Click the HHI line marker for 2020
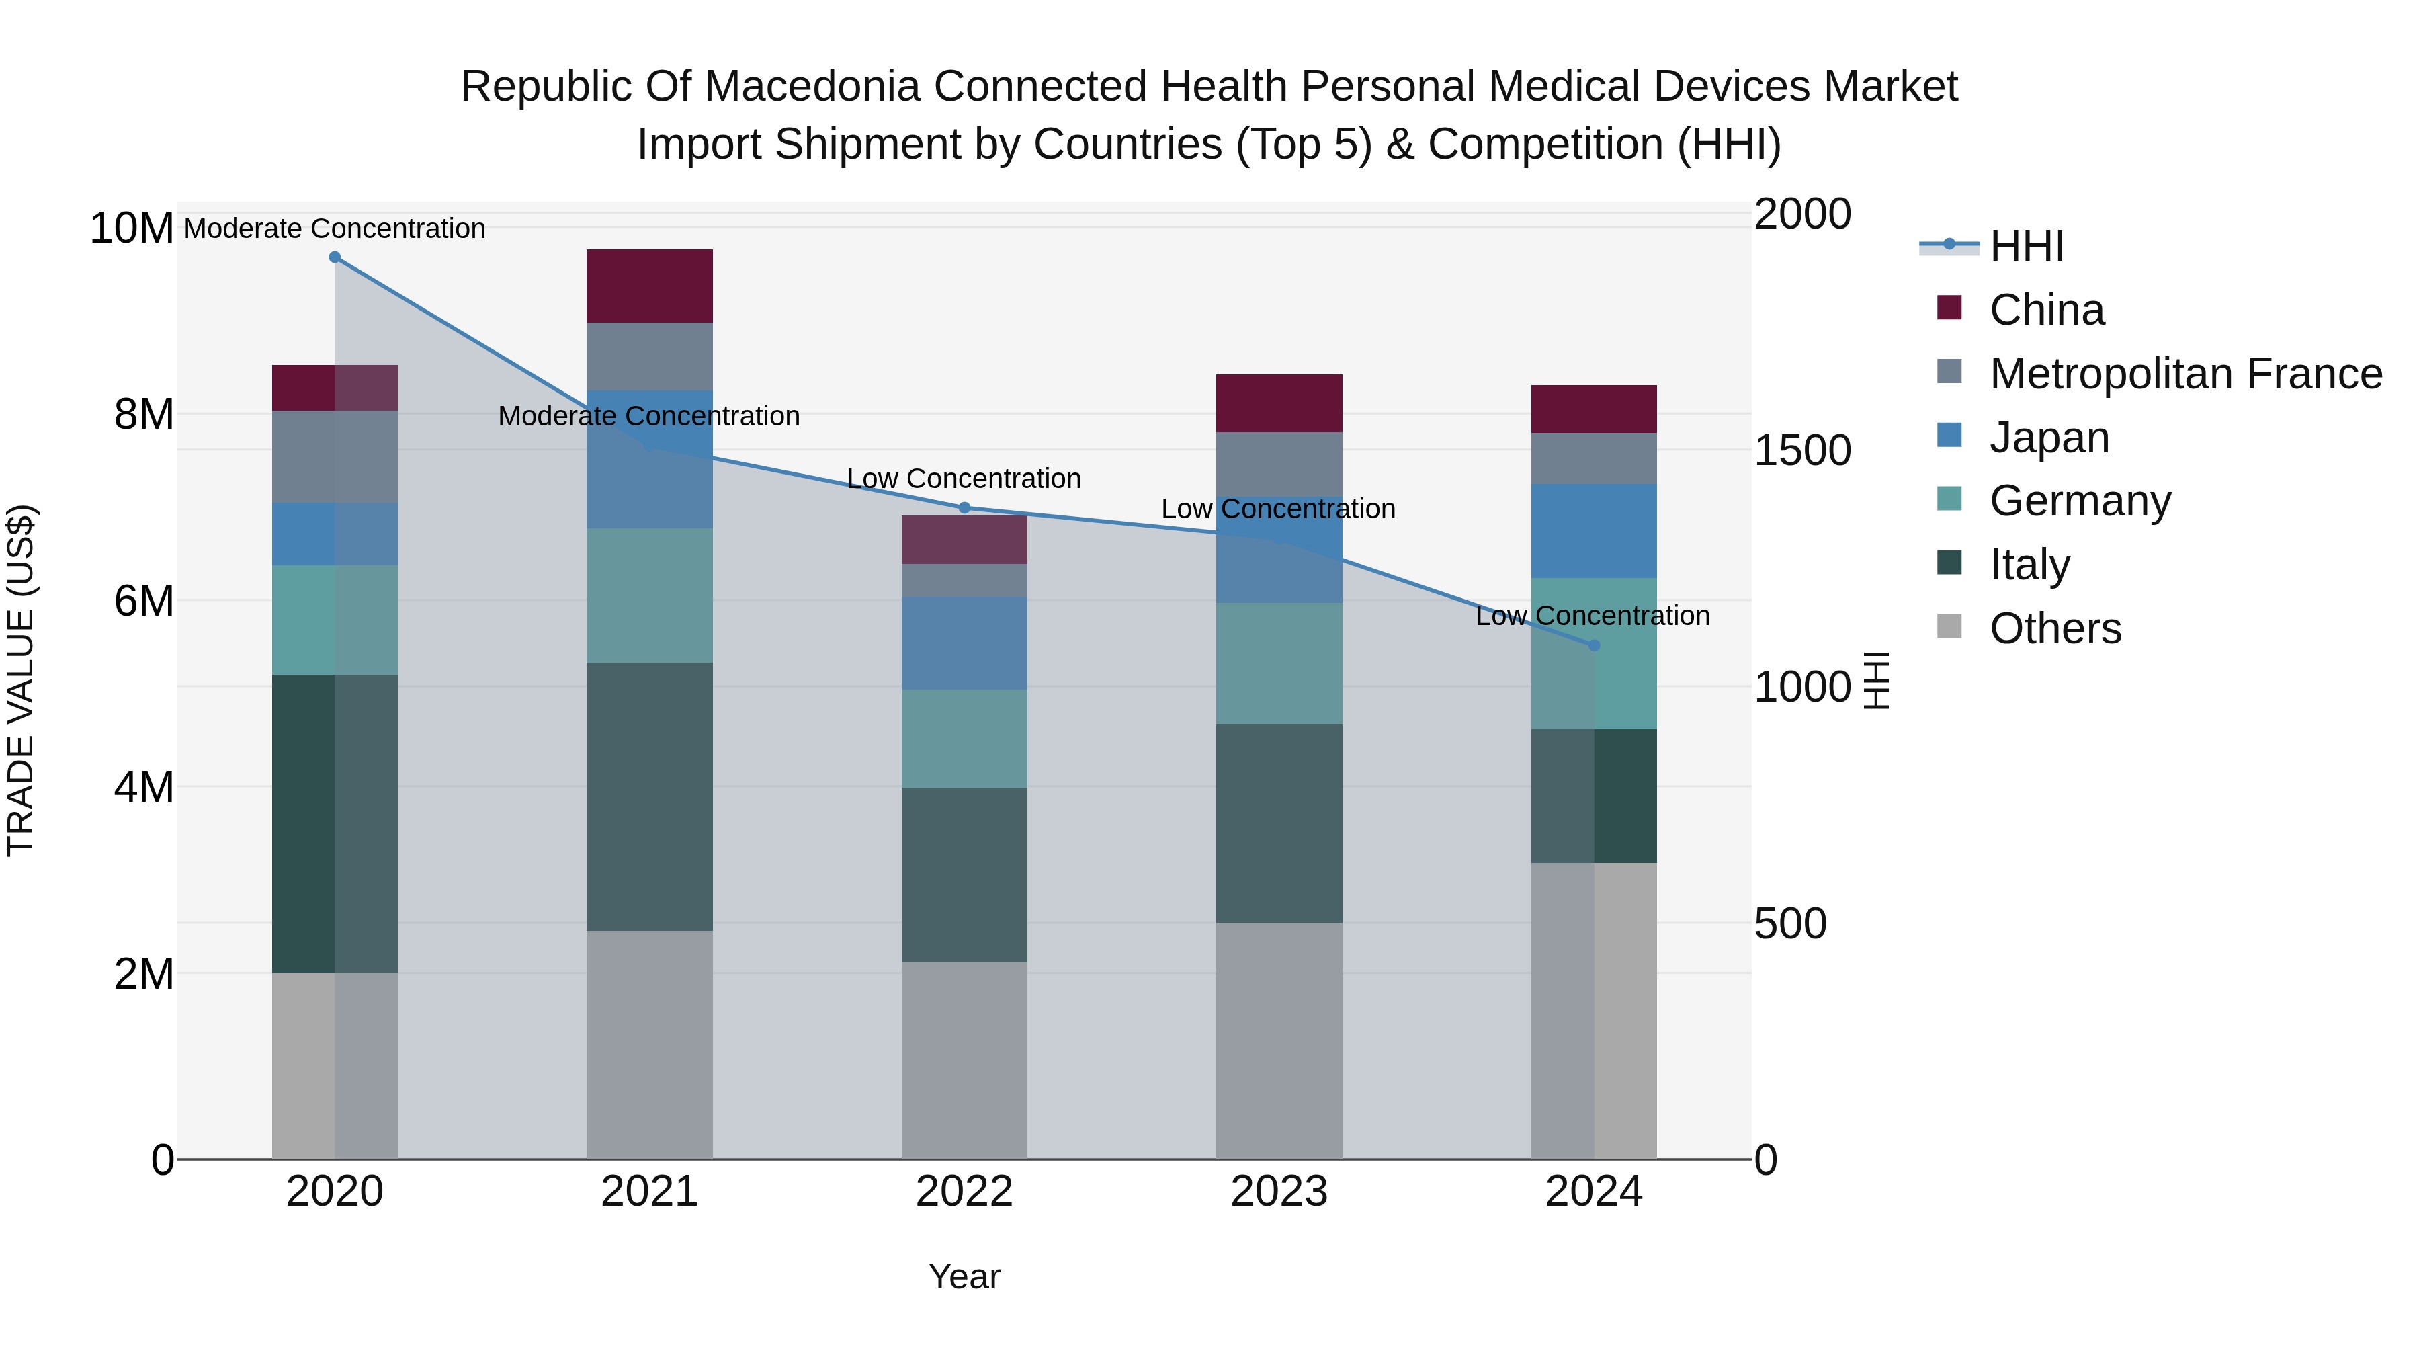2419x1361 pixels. (x=335, y=257)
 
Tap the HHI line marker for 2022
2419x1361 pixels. (x=964, y=508)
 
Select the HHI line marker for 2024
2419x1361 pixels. (x=1594, y=645)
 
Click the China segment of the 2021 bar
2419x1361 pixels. (x=649, y=286)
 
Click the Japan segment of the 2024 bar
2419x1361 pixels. (x=1594, y=531)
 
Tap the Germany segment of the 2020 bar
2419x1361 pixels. (x=335, y=619)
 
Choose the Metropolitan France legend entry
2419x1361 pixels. (x=2185, y=374)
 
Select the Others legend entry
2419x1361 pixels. (x=2055, y=628)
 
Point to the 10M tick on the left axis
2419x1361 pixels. (x=132, y=229)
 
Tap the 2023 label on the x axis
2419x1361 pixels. (x=1279, y=1192)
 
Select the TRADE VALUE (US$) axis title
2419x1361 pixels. (x=21, y=680)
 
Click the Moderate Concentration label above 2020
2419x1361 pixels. (x=335, y=229)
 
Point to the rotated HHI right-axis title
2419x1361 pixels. (x=1875, y=680)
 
